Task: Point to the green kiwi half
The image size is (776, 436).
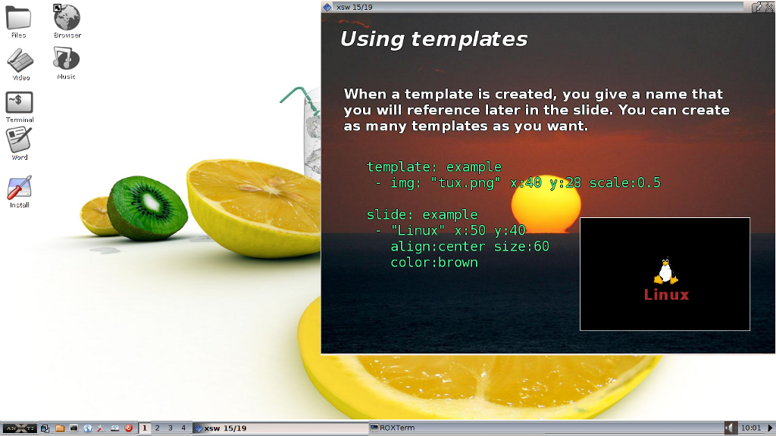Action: pos(148,207)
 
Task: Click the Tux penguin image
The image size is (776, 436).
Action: pos(665,270)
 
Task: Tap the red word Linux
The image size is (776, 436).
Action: pos(666,295)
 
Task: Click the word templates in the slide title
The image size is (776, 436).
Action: pos(469,39)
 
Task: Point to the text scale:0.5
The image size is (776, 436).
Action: pos(624,183)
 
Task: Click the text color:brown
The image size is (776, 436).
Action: pos(434,263)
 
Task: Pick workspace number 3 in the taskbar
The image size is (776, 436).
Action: pos(171,428)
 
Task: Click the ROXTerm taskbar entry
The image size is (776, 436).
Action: pos(393,428)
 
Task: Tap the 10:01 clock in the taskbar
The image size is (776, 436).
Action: pos(751,428)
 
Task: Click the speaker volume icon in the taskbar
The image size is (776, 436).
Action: pos(730,428)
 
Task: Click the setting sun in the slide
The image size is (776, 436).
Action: pos(546,204)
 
